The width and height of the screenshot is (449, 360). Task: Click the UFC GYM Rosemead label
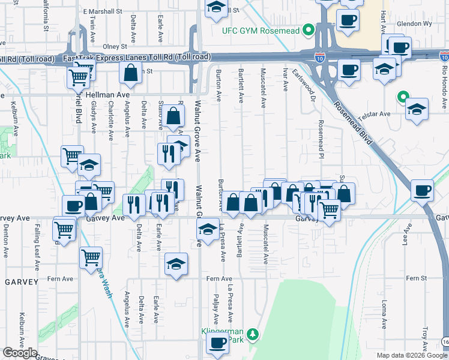click(x=259, y=30)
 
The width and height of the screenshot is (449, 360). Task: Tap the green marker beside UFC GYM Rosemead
click(x=309, y=29)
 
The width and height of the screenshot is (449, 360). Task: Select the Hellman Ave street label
click(x=108, y=95)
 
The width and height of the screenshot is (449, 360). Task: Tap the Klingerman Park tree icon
click(x=253, y=334)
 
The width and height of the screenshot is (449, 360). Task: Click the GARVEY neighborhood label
click(x=22, y=281)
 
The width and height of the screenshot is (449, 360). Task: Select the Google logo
click(x=20, y=353)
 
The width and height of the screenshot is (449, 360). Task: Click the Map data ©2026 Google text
click(x=411, y=355)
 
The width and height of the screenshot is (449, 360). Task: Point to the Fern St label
click(x=415, y=278)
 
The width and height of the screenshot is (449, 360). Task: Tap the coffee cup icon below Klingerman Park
click(x=217, y=344)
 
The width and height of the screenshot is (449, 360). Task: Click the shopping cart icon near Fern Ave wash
click(x=91, y=257)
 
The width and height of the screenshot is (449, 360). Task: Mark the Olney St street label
click(x=115, y=46)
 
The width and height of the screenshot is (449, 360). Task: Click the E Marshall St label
click(x=103, y=11)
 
